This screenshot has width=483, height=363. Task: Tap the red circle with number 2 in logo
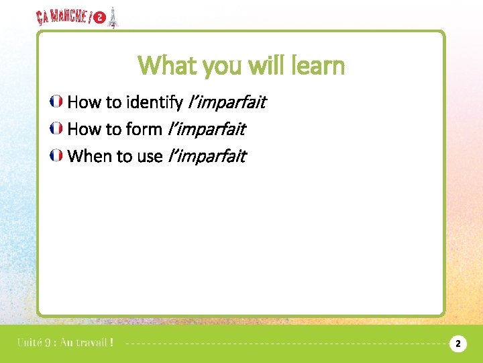coord(100,18)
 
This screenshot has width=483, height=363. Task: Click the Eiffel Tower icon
coord(113,17)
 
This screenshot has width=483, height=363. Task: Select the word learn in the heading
coord(315,66)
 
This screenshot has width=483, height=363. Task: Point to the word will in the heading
coord(266,66)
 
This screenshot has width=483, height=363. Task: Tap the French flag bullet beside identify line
coord(57,102)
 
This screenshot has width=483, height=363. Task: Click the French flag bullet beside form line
coord(57,129)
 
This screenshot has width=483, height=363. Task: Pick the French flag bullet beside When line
coord(57,156)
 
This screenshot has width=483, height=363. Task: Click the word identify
coord(154,102)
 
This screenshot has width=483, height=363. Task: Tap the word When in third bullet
coord(90,156)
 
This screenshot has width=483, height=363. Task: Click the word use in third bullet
coord(149,156)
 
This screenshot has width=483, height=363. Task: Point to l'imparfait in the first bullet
coord(227,102)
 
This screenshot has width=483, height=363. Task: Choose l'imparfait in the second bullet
coord(206,129)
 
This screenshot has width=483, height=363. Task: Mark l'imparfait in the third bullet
coord(207,156)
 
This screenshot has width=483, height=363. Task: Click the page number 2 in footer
coord(458,344)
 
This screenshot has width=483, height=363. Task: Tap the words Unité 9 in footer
coord(36,343)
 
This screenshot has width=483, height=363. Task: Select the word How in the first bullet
coord(83,102)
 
